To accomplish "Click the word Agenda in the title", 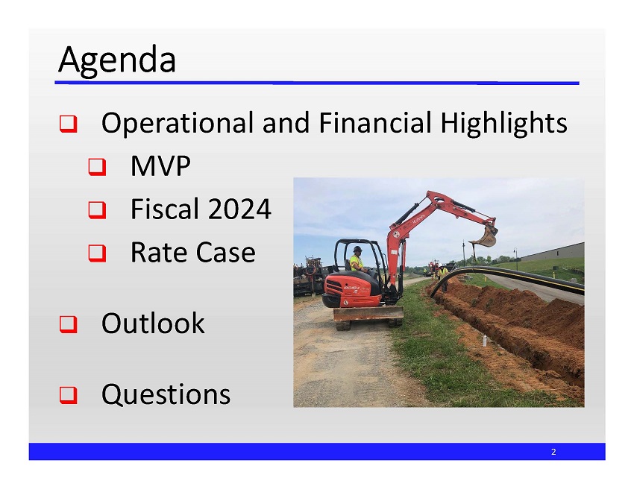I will click(117, 60).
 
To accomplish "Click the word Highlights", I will click(503, 123).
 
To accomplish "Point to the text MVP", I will click(160, 167).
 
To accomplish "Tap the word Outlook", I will click(153, 324).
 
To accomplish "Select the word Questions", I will click(166, 394).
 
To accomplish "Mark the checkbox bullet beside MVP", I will click(97, 168).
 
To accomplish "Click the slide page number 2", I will click(553, 452).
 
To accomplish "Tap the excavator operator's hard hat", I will click(358, 249).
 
